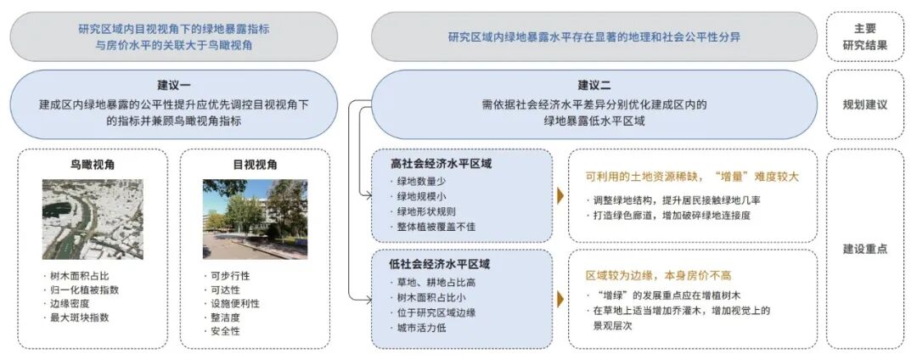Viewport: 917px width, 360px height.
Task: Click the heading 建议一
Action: pos(174,85)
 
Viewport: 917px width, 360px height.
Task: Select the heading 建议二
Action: pos(595,85)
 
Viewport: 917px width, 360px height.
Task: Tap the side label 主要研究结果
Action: pos(864,37)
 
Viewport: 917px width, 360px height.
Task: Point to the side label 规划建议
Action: pos(864,105)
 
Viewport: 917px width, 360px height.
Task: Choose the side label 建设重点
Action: pos(864,249)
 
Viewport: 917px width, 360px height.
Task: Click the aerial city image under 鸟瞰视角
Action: pos(93,219)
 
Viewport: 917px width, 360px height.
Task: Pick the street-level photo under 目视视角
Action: pos(254,219)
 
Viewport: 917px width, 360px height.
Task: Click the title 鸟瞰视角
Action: pos(93,165)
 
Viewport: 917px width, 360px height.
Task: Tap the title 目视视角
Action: pos(254,165)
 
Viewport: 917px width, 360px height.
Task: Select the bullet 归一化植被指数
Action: pos(85,290)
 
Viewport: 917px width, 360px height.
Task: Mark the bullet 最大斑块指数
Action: pos(80,318)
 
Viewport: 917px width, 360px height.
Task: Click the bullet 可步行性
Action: pos(229,276)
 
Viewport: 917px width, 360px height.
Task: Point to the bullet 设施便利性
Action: pos(234,303)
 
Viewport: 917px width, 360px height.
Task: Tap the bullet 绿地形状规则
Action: pos(425,211)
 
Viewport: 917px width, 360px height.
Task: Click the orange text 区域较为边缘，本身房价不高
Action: pos(659,276)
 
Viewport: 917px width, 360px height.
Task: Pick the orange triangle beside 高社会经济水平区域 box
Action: pos(560,196)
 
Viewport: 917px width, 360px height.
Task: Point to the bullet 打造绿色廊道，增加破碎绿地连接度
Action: pos(672,216)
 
